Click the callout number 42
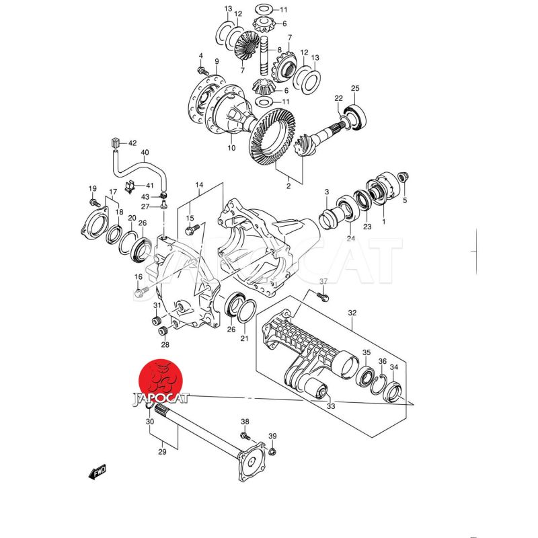tap(132, 143)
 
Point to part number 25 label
tap(356, 88)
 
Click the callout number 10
tap(231, 149)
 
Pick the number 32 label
tap(352, 313)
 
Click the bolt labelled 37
tap(321, 297)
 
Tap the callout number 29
tap(162, 452)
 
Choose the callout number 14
tap(199, 185)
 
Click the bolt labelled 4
tap(201, 69)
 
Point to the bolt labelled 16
tap(140, 293)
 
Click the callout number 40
tap(145, 153)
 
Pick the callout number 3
tap(326, 192)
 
